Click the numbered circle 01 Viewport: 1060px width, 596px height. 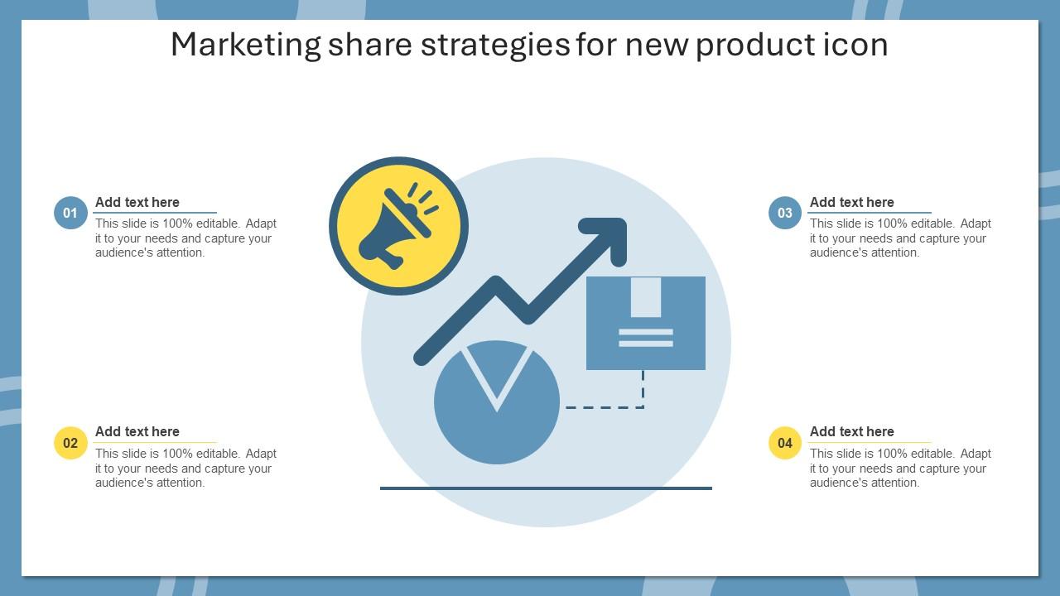[x=70, y=213]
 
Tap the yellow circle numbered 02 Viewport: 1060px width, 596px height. [x=70, y=443]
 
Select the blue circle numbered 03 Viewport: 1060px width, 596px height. [x=785, y=213]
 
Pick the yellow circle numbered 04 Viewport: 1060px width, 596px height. [x=785, y=443]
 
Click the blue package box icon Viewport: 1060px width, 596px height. [x=646, y=323]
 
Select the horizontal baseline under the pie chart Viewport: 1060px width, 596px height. [x=546, y=488]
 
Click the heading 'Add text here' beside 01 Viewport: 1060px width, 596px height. [x=137, y=202]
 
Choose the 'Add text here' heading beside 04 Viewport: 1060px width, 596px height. [x=852, y=431]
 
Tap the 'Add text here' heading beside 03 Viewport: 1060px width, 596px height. [x=852, y=202]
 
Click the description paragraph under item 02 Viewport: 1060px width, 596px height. [x=185, y=469]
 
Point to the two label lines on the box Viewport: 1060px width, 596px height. [x=646, y=338]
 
